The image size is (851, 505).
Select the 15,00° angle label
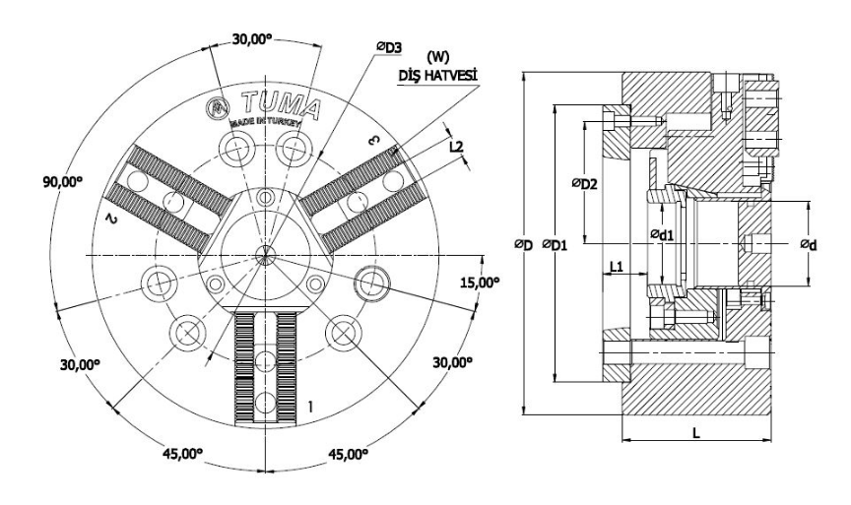coord(482,282)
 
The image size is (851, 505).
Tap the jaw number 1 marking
coord(311,405)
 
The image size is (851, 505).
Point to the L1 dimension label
coord(616,266)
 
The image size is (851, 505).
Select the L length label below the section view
coord(696,433)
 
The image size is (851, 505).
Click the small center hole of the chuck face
coord(263,255)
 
